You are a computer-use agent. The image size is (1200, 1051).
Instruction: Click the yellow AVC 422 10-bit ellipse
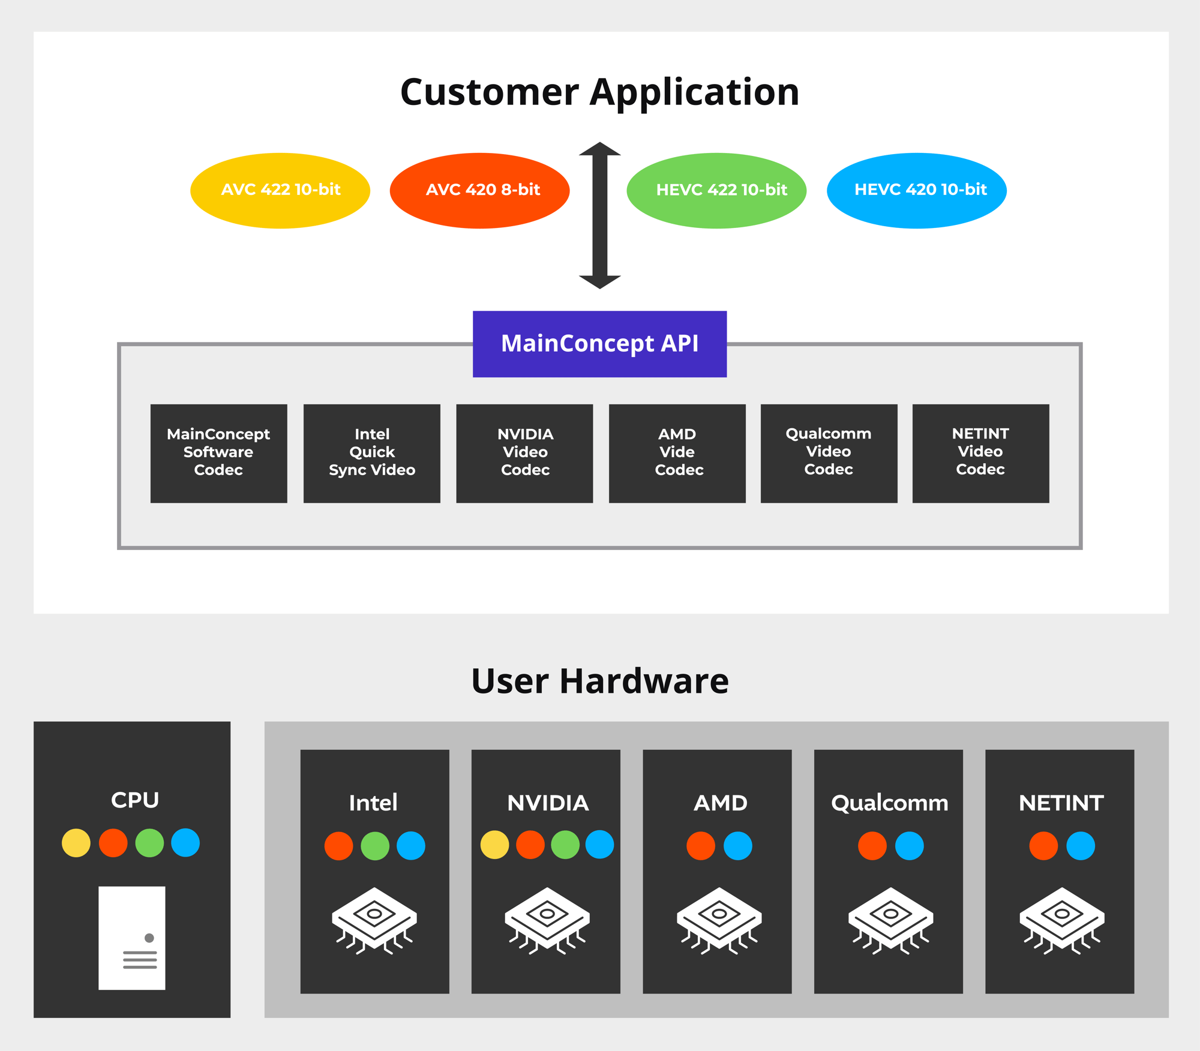[x=280, y=190]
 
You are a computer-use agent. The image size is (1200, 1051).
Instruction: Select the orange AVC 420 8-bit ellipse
[x=479, y=190]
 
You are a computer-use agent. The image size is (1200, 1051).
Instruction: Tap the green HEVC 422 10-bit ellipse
[x=716, y=190]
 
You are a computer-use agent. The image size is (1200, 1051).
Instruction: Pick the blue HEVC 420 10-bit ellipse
[x=916, y=190]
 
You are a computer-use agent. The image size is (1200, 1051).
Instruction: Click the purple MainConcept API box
[x=599, y=344]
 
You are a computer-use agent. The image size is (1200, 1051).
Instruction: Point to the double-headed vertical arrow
[x=599, y=215]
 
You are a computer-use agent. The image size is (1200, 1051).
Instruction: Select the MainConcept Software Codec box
[x=218, y=453]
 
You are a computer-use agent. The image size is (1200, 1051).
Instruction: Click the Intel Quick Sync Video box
[x=371, y=453]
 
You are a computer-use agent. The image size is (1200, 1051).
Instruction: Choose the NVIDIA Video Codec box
[x=524, y=453]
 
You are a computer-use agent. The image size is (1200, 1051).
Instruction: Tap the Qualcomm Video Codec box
[x=829, y=453]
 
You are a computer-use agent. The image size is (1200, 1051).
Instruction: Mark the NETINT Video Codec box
[x=980, y=453]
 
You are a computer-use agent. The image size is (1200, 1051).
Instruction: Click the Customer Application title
[x=599, y=92]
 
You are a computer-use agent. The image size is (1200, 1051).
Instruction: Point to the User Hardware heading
[x=599, y=681]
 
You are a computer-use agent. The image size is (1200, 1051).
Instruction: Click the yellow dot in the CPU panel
[x=76, y=843]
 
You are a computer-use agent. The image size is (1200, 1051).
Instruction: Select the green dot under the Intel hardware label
[x=375, y=846]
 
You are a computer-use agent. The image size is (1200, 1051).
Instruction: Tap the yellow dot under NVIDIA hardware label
[x=495, y=845]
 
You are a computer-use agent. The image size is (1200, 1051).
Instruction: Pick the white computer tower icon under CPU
[x=132, y=938]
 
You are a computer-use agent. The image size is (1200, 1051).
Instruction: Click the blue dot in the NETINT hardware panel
[x=1081, y=846]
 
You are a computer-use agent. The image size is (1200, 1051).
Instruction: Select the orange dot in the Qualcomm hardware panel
[x=872, y=846]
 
